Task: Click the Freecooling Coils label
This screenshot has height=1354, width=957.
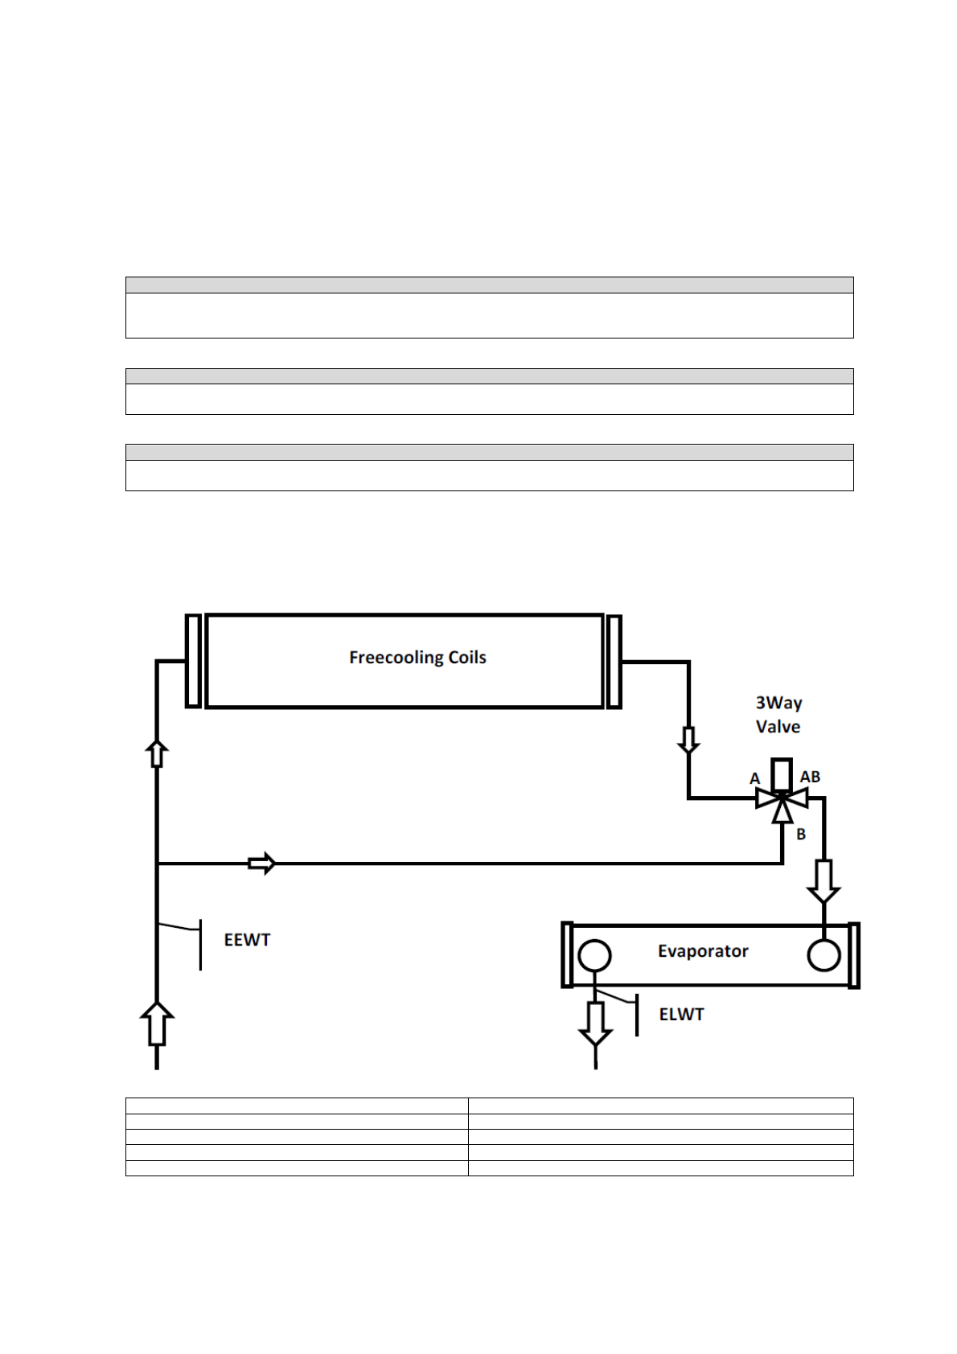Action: click(417, 658)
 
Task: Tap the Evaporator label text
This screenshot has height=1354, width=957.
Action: click(703, 951)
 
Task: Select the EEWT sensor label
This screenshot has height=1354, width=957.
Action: click(247, 940)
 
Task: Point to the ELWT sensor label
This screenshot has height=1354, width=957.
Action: click(681, 1015)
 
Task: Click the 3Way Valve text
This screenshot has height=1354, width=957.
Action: click(778, 714)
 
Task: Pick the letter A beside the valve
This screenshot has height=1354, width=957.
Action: click(754, 778)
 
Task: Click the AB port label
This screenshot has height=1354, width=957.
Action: click(810, 777)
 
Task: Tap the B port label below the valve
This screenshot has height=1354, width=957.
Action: click(801, 835)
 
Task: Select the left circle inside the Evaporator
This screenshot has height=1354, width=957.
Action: click(594, 957)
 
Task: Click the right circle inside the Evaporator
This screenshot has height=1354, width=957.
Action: click(824, 956)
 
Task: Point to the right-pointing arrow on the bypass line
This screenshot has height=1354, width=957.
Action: click(261, 864)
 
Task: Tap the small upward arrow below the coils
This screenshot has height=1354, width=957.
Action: click(158, 753)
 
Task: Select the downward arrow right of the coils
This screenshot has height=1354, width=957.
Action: click(688, 740)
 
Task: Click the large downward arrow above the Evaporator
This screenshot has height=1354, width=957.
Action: click(824, 881)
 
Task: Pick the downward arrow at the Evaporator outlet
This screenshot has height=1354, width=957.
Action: click(595, 1023)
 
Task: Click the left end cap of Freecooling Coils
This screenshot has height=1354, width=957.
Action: click(193, 661)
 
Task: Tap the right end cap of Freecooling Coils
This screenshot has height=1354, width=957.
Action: click(614, 661)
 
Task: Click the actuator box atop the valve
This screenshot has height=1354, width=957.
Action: click(782, 773)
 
